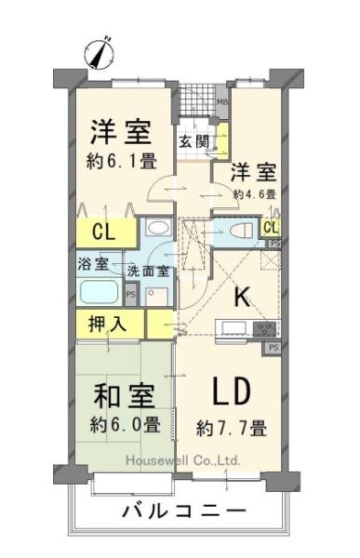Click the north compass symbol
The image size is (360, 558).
tap(100, 54)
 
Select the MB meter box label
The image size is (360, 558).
tap(222, 101)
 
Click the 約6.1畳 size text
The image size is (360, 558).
tap(122, 161)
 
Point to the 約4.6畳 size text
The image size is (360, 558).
tap(255, 194)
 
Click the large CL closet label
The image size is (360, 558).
tap(103, 232)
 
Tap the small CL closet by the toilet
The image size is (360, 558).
tap(271, 228)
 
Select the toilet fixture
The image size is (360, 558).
tap(241, 231)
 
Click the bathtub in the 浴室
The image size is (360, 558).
tap(99, 292)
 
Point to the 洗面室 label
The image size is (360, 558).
tap(148, 272)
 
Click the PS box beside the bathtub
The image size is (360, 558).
tap(130, 295)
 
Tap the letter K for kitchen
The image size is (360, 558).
tap(242, 297)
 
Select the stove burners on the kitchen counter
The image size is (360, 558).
tap(265, 328)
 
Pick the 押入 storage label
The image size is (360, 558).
tap(107, 324)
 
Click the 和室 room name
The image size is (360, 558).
tap(124, 395)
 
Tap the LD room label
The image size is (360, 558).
tap(231, 392)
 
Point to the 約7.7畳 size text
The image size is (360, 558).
tap(232, 428)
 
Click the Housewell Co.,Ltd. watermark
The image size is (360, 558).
tap(183, 461)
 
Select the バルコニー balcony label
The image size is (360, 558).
tap(184, 511)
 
